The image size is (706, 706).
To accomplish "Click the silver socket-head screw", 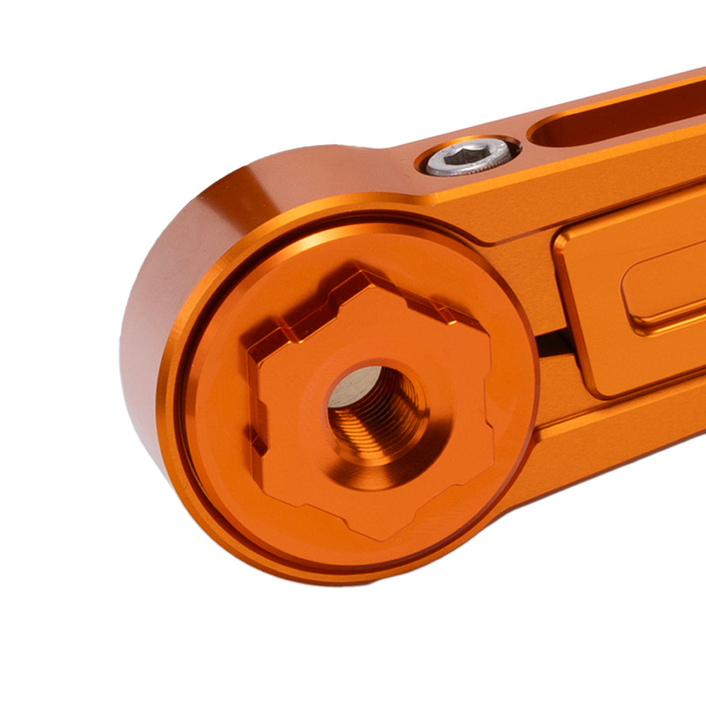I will tap(468, 157).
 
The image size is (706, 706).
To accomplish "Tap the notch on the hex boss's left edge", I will tap(256, 431).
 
